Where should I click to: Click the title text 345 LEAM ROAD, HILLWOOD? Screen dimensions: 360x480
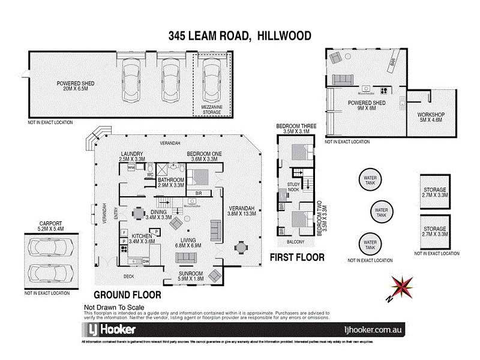coord(239,36)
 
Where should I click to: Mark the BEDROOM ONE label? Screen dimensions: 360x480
coord(204,157)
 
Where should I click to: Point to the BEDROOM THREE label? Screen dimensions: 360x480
coord(292,128)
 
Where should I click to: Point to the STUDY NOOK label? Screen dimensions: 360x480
coord(293,187)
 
